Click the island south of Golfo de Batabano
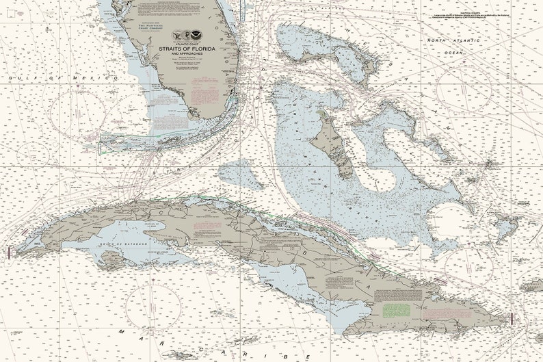click(x=109, y=259)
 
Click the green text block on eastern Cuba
click(x=397, y=309)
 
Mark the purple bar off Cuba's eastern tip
click(x=512, y=319)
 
